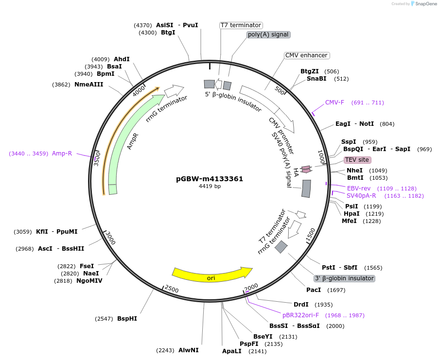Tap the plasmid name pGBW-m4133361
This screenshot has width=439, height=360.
coord(210,179)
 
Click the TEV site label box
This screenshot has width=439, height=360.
coord(357,160)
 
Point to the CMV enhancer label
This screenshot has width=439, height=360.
coord(306,55)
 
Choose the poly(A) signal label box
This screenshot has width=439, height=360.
coord(268,34)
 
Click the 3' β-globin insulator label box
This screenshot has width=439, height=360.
coord(344,278)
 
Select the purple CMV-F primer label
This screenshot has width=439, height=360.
coord(334,103)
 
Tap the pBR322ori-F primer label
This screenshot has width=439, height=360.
coord(301,315)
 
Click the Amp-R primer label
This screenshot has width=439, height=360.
coord(62,154)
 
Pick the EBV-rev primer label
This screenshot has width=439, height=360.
coord(359,188)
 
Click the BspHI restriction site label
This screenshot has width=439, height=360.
coord(127,319)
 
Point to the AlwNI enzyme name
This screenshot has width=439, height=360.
coord(188,350)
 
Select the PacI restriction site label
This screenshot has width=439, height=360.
coord(314,290)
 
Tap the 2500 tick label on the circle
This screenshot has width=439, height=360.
coord(172,290)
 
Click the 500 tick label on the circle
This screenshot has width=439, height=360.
coord(280,90)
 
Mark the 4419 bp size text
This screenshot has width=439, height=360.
coord(210,186)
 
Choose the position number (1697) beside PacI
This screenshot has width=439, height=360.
coord(336,290)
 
